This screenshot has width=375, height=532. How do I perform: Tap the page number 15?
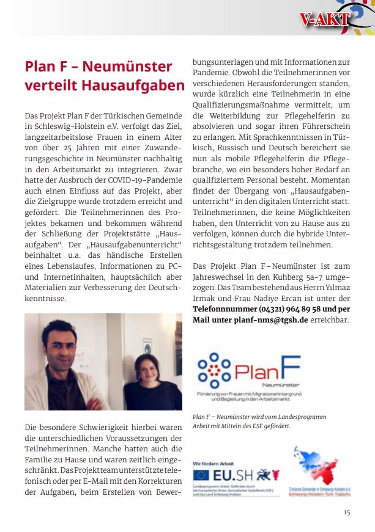click(x=347, y=512)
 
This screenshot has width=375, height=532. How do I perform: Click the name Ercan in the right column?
click(x=303, y=298)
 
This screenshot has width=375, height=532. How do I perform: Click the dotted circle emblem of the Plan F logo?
click(x=214, y=370)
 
